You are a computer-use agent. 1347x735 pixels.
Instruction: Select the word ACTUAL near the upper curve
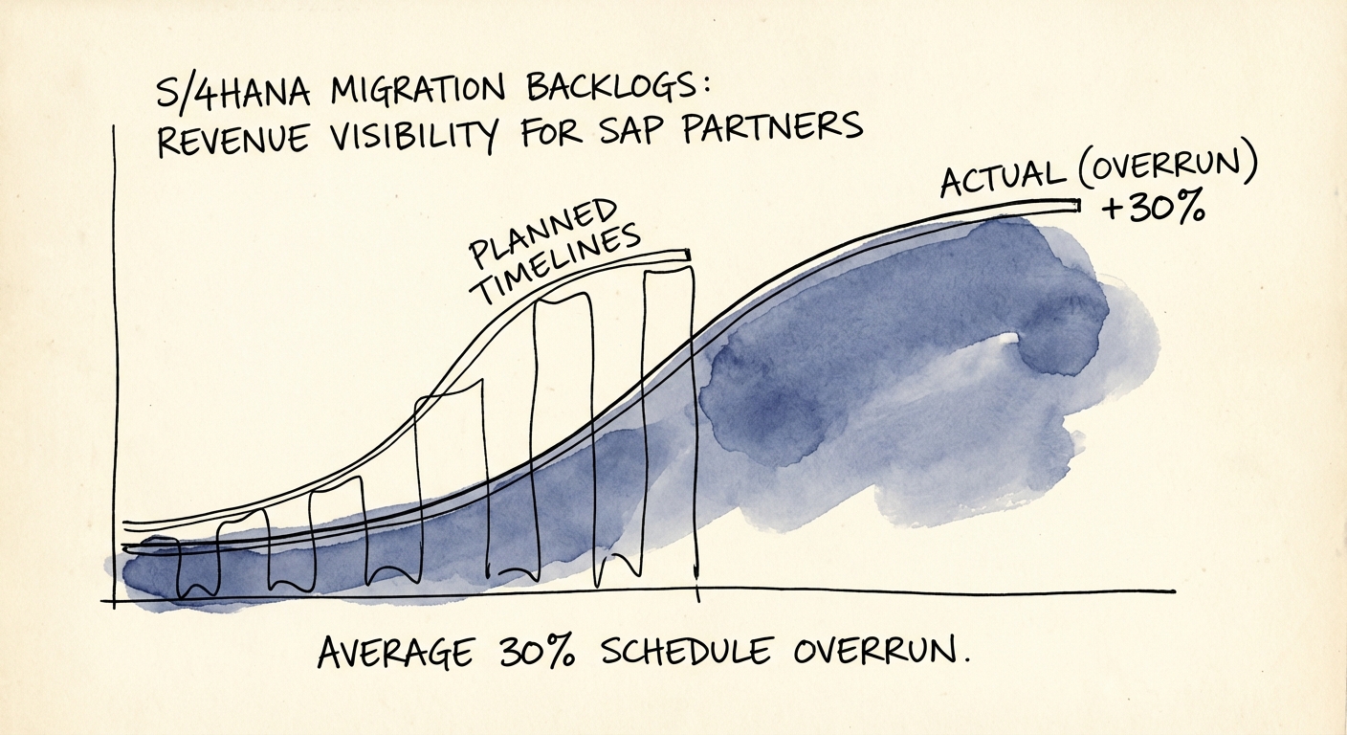click(x=1001, y=177)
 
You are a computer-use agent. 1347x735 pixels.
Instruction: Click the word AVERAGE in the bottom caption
click(x=394, y=654)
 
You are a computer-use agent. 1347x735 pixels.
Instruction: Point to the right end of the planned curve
click(x=687, y=255)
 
